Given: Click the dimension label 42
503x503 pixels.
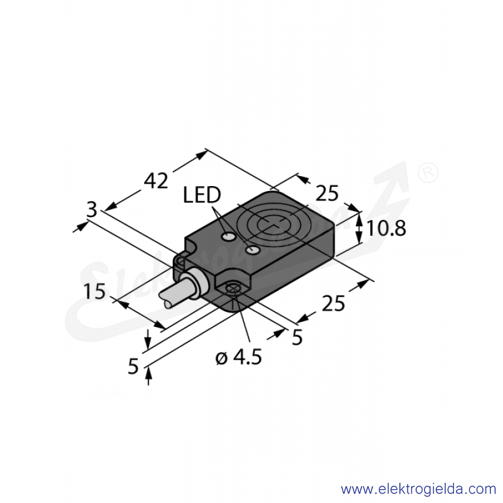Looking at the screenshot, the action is (x=156, y=180).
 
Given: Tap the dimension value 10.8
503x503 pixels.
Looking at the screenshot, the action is (x=386, y=228).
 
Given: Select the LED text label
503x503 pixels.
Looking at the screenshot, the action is (x=202, y=195).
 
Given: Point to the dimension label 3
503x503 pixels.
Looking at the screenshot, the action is (x=92, y=210).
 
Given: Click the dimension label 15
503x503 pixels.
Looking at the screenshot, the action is (x=94, y=291).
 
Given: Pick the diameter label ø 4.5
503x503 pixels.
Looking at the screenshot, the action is (x=239, y=357).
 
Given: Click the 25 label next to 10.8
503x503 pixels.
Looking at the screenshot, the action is (x=327, y=194).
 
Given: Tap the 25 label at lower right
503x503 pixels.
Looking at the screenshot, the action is (x=333, y=304).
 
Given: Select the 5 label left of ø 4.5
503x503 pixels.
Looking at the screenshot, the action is (x=133, y=367).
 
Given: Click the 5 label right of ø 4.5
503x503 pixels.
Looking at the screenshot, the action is (x=297, y=337).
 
